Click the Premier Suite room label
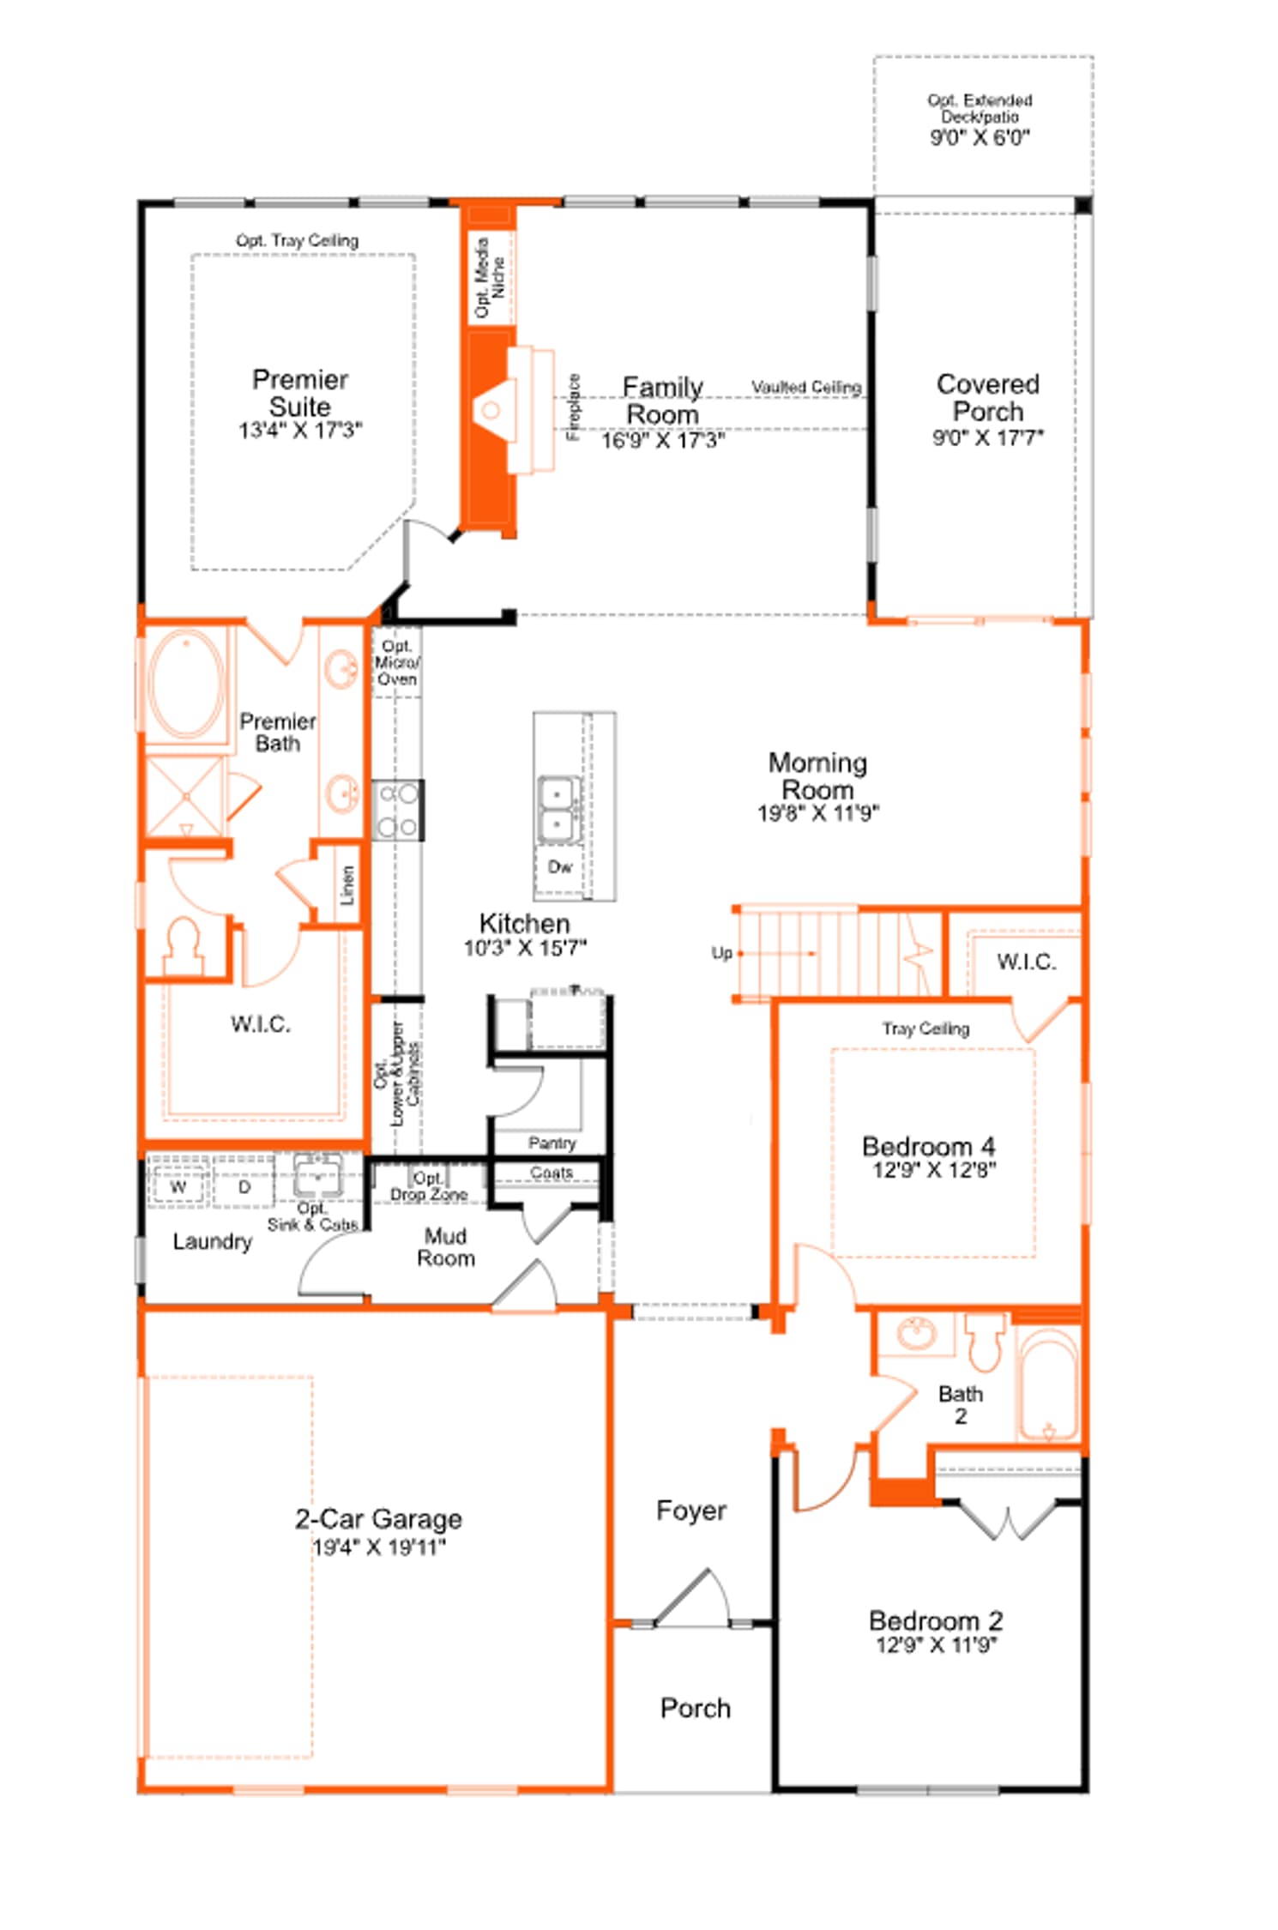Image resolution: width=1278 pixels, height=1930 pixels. coord(300,393)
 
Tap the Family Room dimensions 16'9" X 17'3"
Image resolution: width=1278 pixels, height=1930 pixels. coord(662,441)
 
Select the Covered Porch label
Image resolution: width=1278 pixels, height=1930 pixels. coord(988,397)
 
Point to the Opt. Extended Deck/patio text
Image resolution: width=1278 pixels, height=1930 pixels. coord(980,109)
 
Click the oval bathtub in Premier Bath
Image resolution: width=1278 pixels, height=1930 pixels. coord(186,684)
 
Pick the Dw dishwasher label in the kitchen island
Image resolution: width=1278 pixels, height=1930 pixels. coord(560,867)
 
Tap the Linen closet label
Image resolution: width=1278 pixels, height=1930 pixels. coord(347,885)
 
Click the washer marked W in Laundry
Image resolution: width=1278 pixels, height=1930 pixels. coord(178,1187)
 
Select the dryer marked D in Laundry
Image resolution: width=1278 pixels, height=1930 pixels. coord(244,1187)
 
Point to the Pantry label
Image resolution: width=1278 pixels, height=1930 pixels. coord(552,1143)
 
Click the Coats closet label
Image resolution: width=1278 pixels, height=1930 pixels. coord(551,1172)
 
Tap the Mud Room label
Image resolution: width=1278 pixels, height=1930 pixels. coord(446,1247)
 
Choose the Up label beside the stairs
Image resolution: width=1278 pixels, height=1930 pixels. coord(721,953)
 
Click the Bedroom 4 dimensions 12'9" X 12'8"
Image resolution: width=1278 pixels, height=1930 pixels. coord(934,1170)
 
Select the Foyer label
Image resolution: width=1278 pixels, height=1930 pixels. coord(691,1511)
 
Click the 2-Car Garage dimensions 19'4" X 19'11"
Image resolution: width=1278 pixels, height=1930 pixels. coord(379,1547)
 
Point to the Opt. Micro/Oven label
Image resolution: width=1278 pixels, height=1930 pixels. coord(397,662)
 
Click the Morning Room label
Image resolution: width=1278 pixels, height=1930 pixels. coord(818,775)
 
